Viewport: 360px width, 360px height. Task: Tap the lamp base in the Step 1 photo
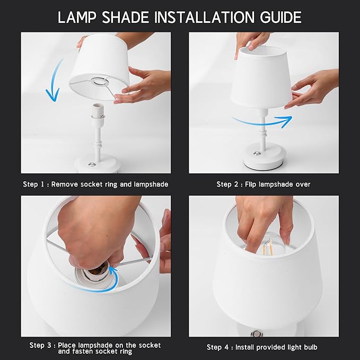click(x=95, y=162)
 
